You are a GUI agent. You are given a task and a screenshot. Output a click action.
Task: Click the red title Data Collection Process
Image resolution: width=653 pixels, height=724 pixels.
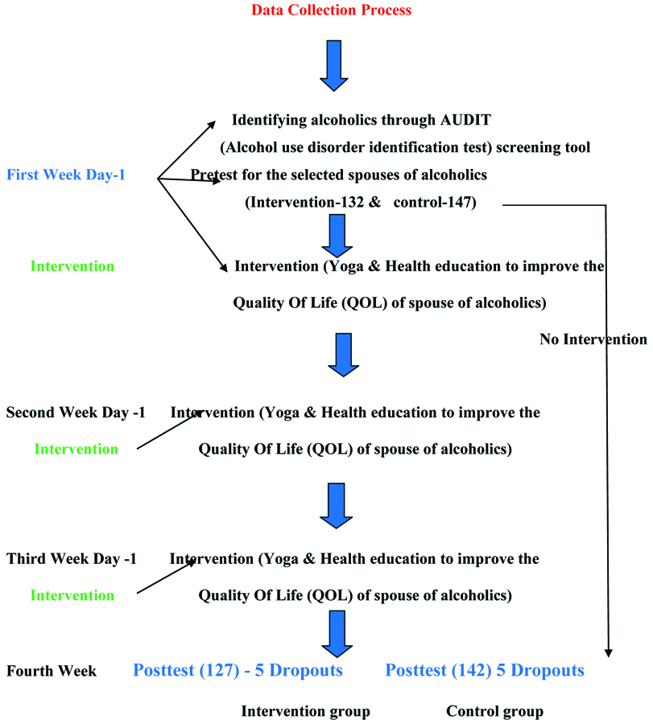tap(332, 10)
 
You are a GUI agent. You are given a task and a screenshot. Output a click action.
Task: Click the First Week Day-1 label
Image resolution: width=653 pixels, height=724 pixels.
tap(66, 175)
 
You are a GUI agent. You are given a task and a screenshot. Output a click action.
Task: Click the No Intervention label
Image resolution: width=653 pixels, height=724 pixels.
tap(593, 339)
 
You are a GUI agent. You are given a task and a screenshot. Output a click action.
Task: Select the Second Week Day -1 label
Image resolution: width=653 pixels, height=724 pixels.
tap(76, 413)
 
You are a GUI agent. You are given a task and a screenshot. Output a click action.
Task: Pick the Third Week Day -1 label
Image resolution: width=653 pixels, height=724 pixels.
tap(71, 558)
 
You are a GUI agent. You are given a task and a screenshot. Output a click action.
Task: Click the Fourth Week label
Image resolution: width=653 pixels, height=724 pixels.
tap(52, 671)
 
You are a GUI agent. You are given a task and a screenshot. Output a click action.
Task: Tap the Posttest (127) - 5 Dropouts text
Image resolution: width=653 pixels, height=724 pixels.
tap(238, 670)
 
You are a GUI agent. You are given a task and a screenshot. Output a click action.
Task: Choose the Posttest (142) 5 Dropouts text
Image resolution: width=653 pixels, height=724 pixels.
tap(485, 670)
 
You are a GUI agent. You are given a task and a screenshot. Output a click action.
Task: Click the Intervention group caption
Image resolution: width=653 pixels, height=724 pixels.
tap(306, 711)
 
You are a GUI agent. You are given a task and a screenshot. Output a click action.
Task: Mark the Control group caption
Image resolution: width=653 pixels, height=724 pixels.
tap(495, 711)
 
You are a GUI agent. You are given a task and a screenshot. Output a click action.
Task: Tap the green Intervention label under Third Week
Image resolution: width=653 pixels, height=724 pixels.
tap(72, 595)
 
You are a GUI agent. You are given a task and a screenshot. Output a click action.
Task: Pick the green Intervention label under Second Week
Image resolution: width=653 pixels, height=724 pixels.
tap(76, 449)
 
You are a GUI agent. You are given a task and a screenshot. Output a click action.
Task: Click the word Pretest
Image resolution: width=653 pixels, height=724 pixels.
tap(217, 175)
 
